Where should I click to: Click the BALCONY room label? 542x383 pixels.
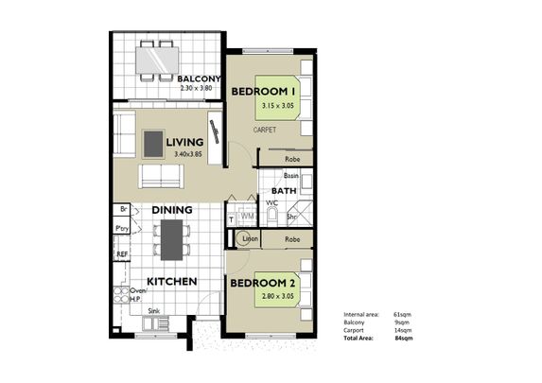[x=199, y=78]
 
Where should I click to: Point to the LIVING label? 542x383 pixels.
[x=185, y=143]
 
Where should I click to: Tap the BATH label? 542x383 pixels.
[x=285, y=191]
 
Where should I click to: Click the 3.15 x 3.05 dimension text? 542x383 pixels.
[x=282, y=107]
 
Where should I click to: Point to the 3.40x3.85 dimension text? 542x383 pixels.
[x=188, y=154]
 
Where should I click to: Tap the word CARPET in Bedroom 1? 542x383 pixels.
[x=264, y=129]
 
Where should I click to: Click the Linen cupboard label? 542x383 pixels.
[x=250, y=240]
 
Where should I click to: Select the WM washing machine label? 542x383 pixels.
[x=246, y=217]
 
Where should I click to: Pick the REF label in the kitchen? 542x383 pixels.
[x=122, y=254]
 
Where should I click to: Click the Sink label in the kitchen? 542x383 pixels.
[x=152, y=309]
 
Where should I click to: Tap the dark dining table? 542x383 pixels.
[x=170, y=239]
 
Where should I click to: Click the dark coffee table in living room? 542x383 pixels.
[x=152, y=143]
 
